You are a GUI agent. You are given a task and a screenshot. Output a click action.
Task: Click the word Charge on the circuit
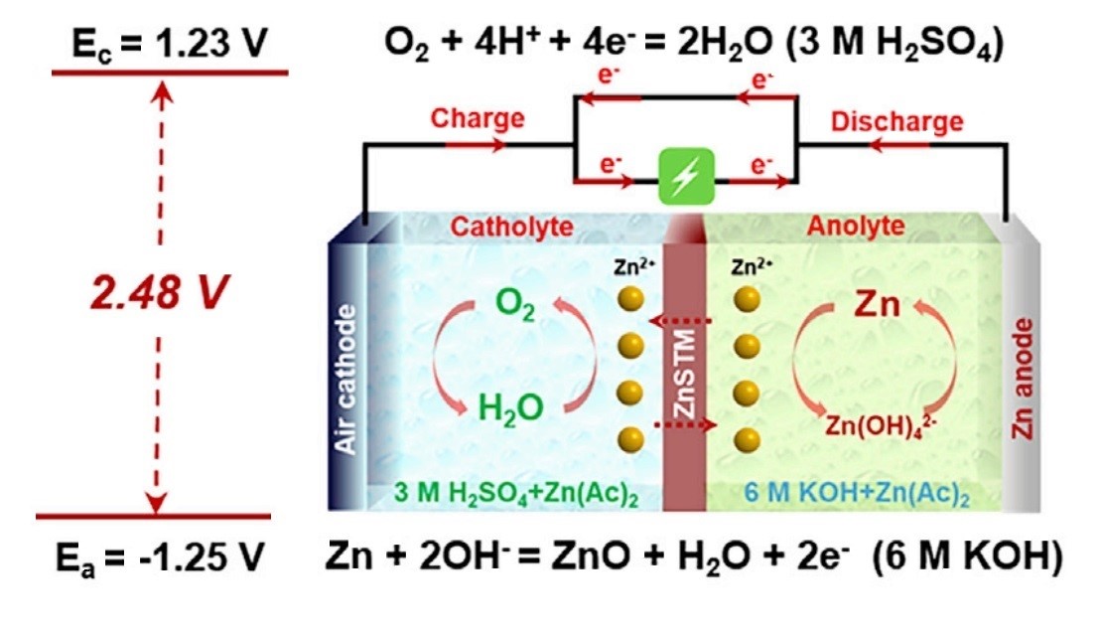476,118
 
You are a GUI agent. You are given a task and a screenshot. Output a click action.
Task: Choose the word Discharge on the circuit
896,122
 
